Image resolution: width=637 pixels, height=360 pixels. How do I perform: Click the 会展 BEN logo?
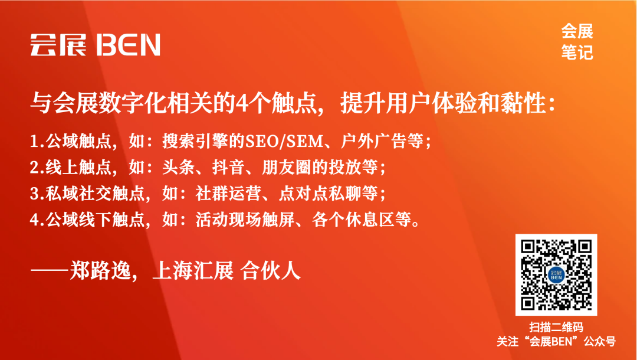95,45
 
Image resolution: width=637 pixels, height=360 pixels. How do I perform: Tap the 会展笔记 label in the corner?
577,41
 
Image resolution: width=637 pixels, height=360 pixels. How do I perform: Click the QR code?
556,274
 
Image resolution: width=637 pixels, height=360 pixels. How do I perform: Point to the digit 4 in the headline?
242,104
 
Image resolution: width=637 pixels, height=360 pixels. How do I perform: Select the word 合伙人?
271,270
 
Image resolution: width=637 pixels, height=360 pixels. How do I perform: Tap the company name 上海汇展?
192,270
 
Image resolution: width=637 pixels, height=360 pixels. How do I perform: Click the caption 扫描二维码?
556,327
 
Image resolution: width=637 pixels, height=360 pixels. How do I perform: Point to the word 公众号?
600,341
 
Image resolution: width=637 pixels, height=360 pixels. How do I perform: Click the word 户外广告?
374,142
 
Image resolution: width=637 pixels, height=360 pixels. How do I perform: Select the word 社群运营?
229,194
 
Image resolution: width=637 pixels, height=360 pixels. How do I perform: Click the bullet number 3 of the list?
34,194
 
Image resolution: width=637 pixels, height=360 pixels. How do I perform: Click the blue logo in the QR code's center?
556,275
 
